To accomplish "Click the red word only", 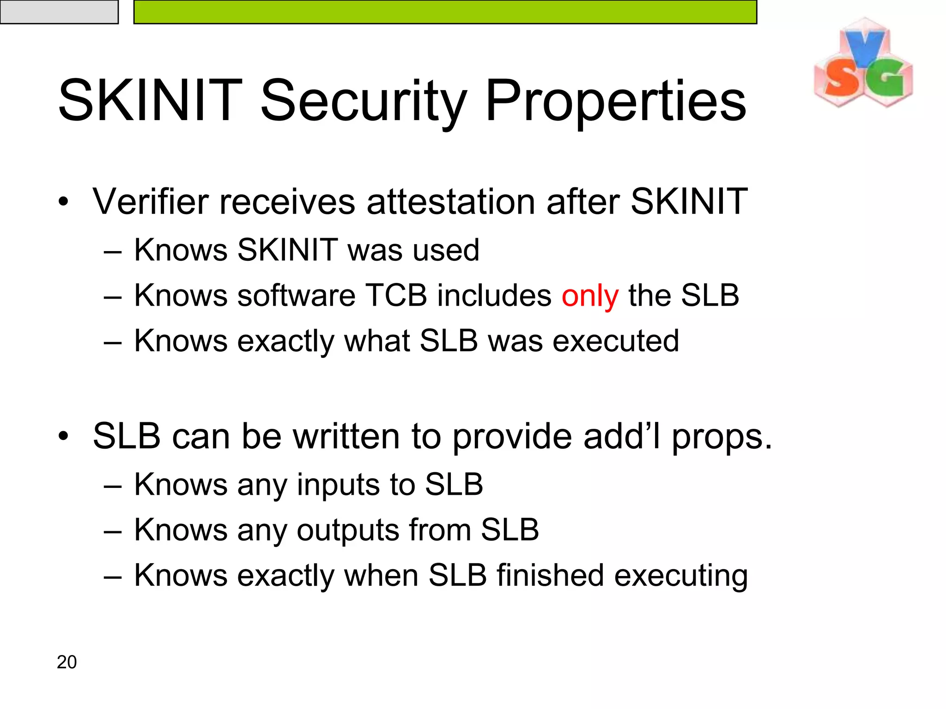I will click(x=589, y=296).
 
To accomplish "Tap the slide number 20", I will click(x=67, y=662).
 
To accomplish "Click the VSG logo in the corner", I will click(x=863, y=64).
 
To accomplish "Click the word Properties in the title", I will click(x=615, y=101).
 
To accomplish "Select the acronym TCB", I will click(x=396, y=295).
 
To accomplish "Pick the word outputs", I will click(x=347, y=530).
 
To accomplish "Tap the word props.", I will click(x=721, y=437).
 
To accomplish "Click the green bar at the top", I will click(x=445, y=12).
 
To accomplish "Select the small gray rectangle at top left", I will click(x=59, y=12).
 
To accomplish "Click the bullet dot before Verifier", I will click(x=63, y=202).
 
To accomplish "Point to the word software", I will click(x=296, y=295).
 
